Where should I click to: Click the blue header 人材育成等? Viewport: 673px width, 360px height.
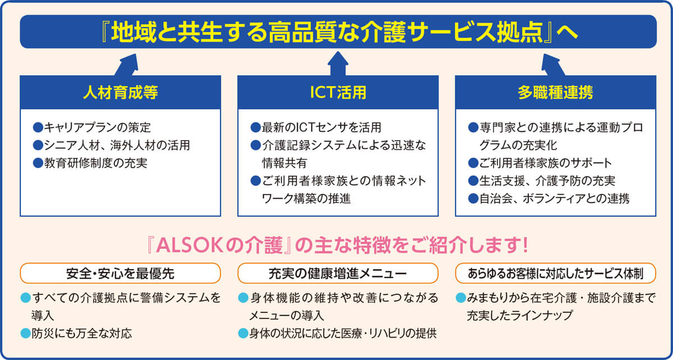point(120,93)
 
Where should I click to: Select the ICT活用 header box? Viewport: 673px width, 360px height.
point(337,93)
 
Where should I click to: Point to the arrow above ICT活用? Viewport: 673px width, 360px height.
point(337,63)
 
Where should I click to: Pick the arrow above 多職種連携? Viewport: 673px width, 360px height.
point(552,63)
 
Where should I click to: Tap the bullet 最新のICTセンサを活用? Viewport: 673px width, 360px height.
point(320,127)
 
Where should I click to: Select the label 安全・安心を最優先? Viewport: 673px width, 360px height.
point(120,274)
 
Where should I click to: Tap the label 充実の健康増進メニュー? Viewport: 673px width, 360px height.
point(337,274)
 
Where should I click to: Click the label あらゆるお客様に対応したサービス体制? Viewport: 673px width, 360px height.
point(554,274)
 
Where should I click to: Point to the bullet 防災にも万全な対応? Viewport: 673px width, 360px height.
point(81,333)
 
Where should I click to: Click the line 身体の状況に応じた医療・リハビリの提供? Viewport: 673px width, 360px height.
point(342,333)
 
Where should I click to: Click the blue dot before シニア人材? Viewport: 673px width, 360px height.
point(38,145)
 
